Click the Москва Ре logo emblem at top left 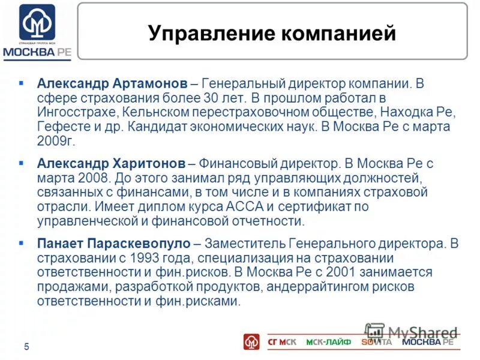[x=37, y=23]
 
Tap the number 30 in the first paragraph [x=211, y=97]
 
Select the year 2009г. [x=55, y=141]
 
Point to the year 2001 [x=306, y=272]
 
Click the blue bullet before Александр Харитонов [x=22, y=163]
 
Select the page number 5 [x=26, y=346]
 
